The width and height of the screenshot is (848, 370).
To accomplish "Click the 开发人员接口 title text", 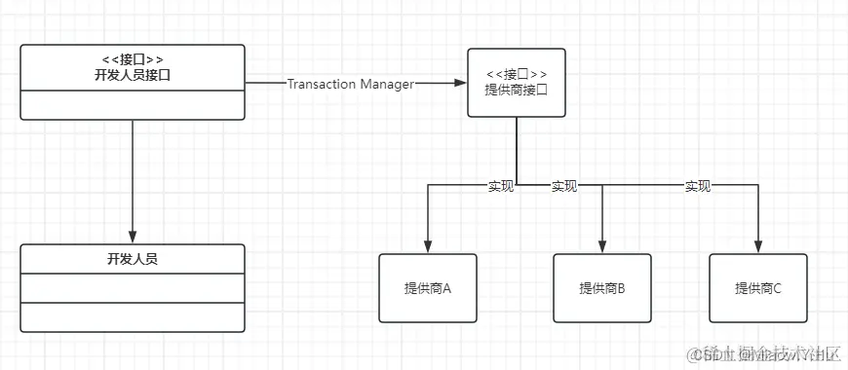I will pyautogui.click(x=133, y=75).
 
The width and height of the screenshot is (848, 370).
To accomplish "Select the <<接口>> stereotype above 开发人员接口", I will pyautogui.click(x=133, y=59).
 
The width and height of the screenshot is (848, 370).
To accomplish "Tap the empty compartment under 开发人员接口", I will pyautogui.click(x=133, y=104).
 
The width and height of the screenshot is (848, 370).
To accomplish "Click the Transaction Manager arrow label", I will pyautogui.click(x=351, y=84).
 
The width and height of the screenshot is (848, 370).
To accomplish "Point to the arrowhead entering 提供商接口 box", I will pyautogui.click(x=461, y=84).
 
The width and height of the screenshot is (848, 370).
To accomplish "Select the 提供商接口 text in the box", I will pyautogui.click(x=516, y=90).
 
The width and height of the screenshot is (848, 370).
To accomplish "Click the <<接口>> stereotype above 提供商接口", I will pyautogui.click(x=516, y=74).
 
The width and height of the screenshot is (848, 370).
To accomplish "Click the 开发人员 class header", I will pyautogui.click(x=133, y=259).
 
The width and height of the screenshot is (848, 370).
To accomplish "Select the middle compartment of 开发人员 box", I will pyautogui.click(x=133, y=288).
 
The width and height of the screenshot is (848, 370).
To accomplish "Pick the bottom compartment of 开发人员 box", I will pyautogui.click(x=133, y=317).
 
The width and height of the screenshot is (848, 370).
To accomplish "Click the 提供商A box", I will pyautogui.click(x=428, y=288).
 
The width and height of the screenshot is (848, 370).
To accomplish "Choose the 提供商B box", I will pyautogui.click(x=602, y=288).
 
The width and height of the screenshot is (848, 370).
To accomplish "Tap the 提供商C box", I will pyautogui.click(x=757, y=288).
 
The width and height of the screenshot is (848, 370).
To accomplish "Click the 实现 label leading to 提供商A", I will pyautogui.click(x=501, y=185).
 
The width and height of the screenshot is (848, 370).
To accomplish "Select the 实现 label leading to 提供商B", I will pyautogui.click(x=563, y=185).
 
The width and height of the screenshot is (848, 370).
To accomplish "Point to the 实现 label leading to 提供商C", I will pyautogui.click(x=697, y=185).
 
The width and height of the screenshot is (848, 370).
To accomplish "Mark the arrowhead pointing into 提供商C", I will pyautogui.click(x=757, y=247).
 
